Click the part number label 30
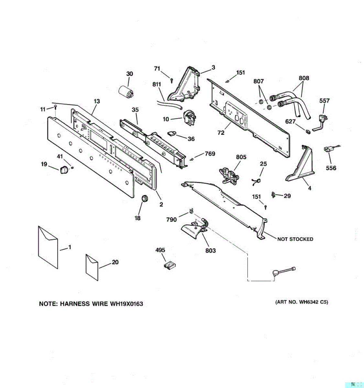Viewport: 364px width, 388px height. point(129,74)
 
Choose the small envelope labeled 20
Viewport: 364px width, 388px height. point(92,267)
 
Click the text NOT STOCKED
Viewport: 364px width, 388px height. point(295,239)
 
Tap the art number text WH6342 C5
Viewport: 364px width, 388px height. point(313,303)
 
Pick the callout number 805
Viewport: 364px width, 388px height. point(241,157)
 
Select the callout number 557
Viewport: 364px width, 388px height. point(325,101)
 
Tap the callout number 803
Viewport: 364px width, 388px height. point(211,251)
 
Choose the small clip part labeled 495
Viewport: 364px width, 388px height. point(169,265)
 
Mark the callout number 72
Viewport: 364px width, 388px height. point(221,133)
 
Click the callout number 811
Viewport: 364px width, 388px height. point(157,85)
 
